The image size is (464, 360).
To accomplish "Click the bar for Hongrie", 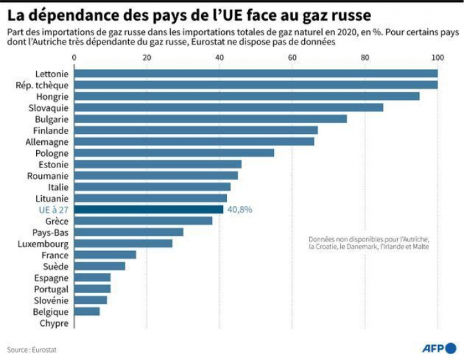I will tap(247, 96).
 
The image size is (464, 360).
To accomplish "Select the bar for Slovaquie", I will tap(229, 108).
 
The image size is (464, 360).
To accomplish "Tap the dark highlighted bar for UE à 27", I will tap(149, 209).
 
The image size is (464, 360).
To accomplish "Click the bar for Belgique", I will tap(87, 311).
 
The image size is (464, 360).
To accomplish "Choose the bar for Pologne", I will tap(174, 153).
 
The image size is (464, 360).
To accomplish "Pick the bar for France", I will tap(105, 254).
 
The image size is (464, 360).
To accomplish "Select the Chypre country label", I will tap(53, 323).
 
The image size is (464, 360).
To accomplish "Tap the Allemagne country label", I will tap(46, 142).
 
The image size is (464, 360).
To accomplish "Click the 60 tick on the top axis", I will tap(293, 58).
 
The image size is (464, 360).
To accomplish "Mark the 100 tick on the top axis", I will tap(438, 58).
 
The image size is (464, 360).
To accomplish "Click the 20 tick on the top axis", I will tap(147, 58).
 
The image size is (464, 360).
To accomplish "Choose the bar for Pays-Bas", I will tap(129, 232).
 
